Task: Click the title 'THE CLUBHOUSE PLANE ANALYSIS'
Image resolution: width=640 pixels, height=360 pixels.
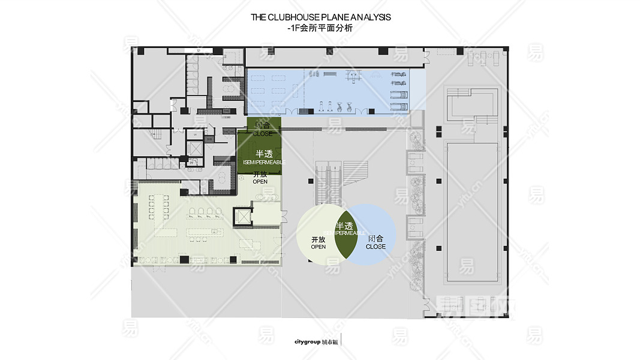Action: pos(320,17)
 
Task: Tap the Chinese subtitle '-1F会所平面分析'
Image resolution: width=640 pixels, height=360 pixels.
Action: pos(320,28)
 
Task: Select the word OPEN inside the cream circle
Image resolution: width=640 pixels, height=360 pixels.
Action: pos(319,247)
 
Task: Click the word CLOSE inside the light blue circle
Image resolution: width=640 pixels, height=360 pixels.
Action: pos(375,247)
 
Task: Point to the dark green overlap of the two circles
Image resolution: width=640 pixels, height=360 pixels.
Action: pos(344,233)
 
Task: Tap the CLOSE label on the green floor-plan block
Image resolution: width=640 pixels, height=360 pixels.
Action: pos(262,134)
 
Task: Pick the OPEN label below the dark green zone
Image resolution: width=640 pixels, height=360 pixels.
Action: pos(260,181)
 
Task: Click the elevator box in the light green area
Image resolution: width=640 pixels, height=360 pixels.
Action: pos(243,217)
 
